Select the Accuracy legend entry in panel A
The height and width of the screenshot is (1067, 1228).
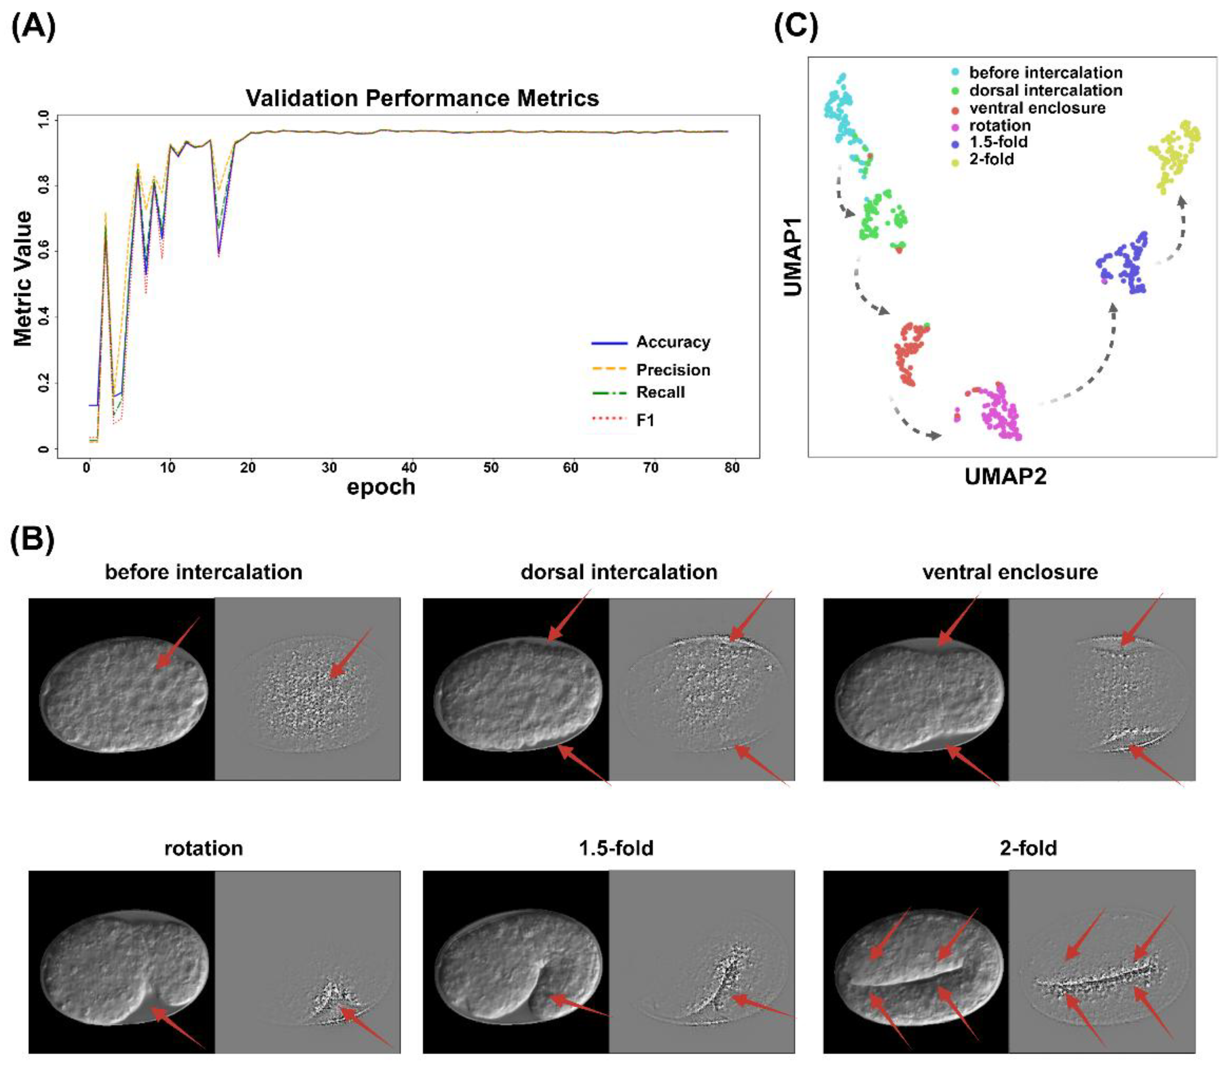point(672,342)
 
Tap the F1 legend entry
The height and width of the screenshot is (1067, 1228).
point(645,421)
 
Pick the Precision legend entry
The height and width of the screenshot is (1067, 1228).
point(672,370)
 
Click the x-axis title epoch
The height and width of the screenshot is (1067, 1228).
point(381,487)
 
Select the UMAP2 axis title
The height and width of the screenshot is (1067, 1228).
point(1005,476)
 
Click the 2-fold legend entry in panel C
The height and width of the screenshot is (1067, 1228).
point(991,159)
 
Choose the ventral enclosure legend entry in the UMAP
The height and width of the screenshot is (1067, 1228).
point(1036,108)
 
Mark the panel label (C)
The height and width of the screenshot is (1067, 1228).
point(796,27)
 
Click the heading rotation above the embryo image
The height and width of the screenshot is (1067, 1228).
point(203,848)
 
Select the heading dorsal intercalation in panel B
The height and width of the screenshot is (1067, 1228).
point(619,572)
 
